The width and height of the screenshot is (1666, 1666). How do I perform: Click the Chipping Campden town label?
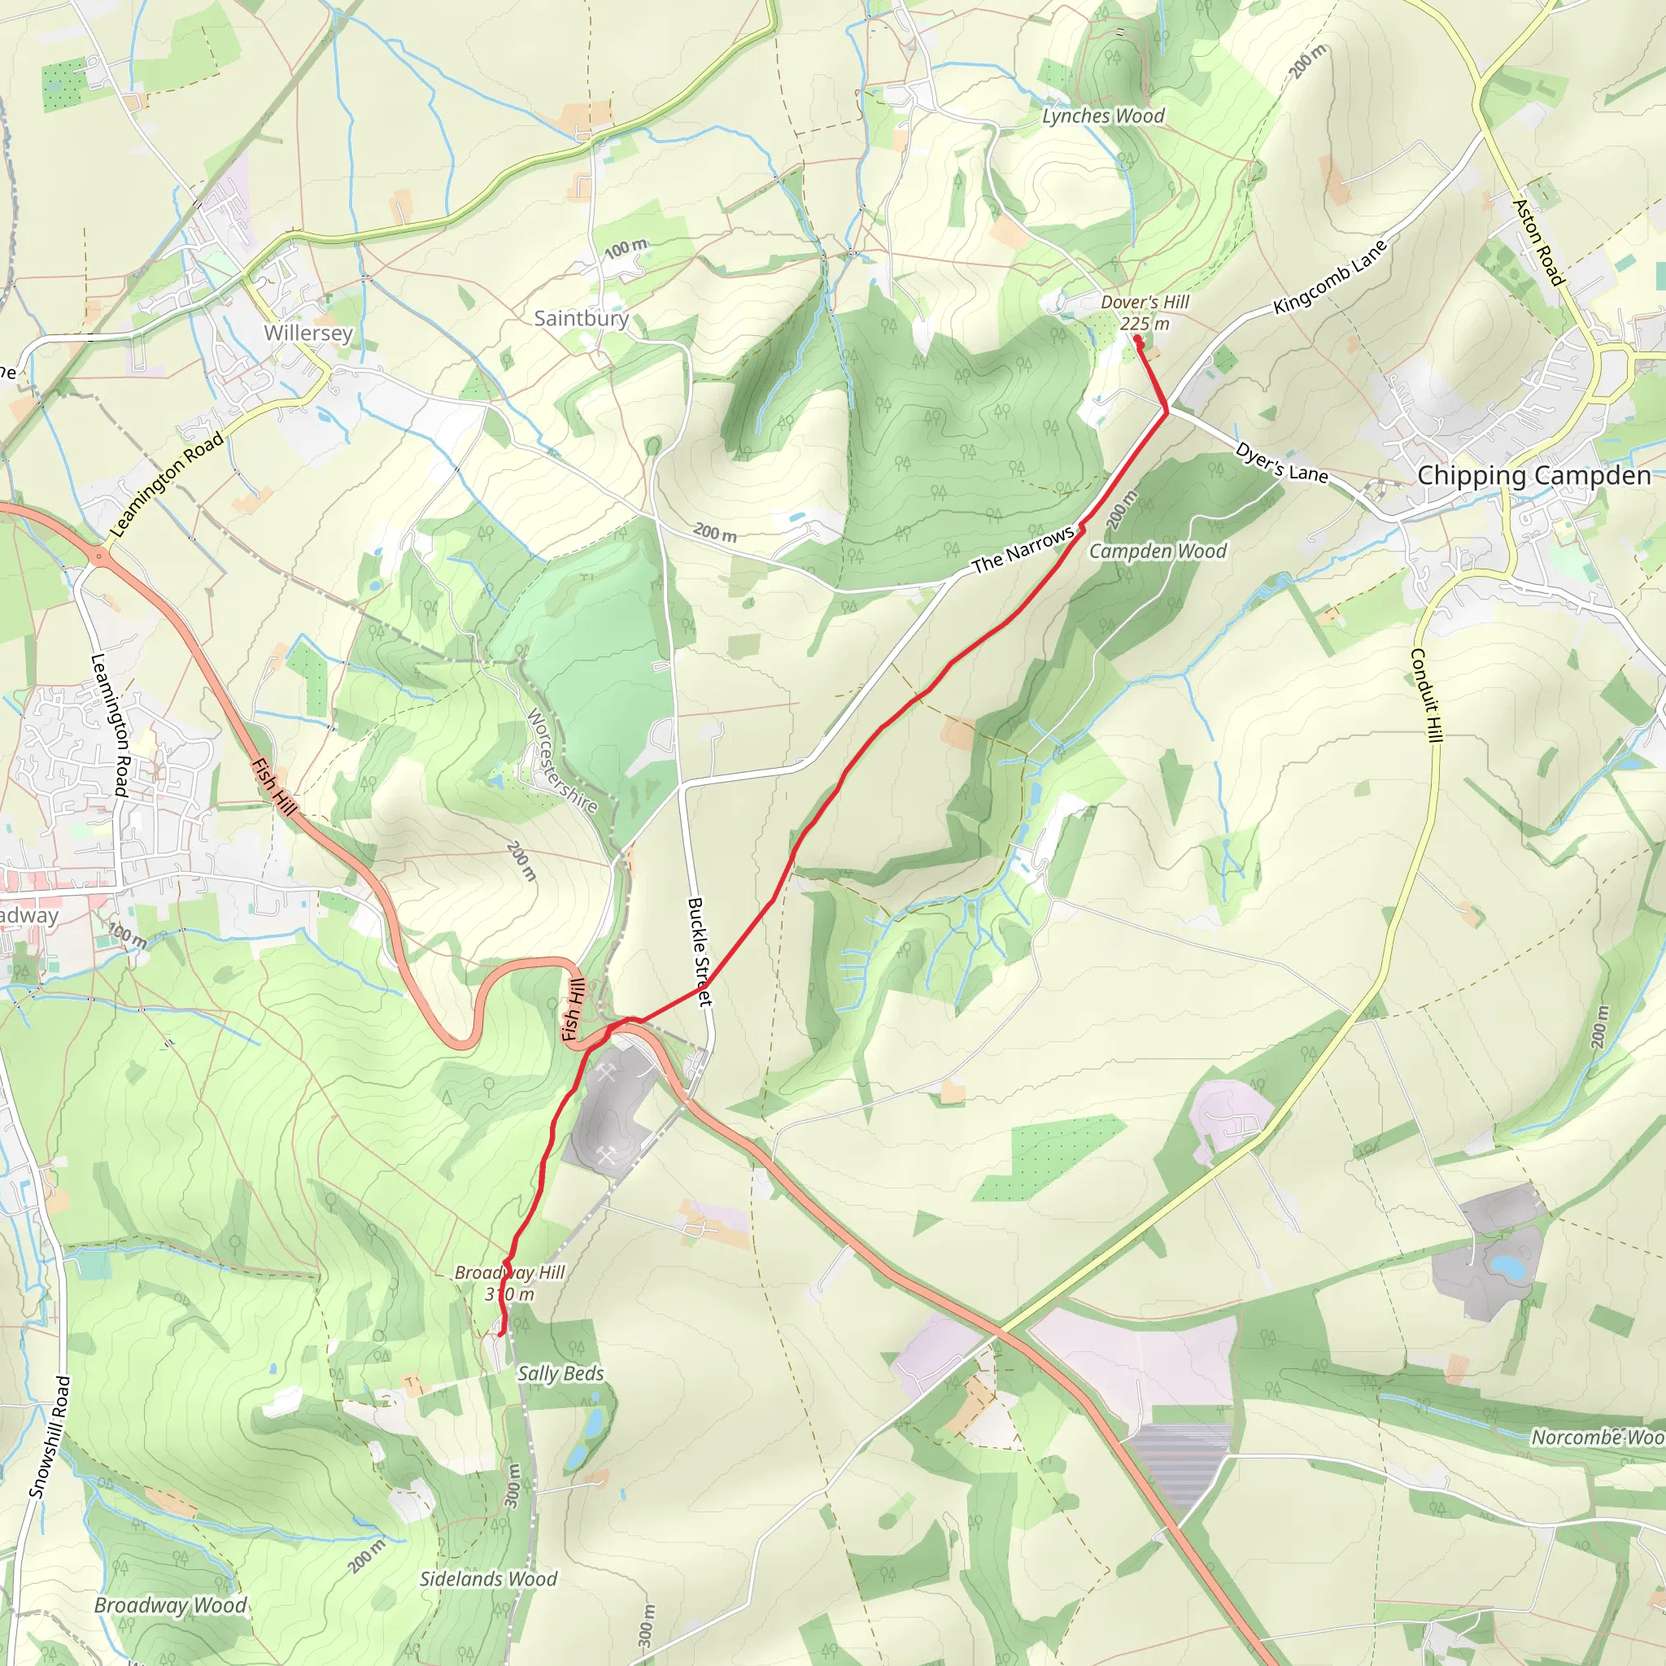tap(1534, 475)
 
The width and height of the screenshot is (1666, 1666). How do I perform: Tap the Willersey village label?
tap(307, 333)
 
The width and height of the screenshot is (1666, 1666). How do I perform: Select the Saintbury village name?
tap(581, 318)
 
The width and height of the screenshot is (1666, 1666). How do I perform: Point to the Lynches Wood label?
tap(1103, 116)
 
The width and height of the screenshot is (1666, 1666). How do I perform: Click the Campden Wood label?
tap(1158, 551)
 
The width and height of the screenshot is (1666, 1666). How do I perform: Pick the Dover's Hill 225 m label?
tap(1145, 312)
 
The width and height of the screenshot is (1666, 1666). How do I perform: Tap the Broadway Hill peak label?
tap(509, 1282)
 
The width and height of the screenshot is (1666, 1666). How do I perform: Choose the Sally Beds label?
tap(560, 1374)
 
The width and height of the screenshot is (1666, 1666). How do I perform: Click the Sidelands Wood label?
tap(488, 1579)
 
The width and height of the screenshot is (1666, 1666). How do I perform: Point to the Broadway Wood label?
tap(170, 1605)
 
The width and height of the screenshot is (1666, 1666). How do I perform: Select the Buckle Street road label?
tap(700, 951)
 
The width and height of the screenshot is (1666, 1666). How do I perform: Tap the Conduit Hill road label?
tap(1425, 695)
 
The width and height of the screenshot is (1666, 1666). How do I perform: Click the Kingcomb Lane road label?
tap(1330, 277)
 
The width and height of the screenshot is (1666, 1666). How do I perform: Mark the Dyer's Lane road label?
tap(1281, 463)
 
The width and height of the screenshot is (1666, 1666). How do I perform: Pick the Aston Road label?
tap(1539, 242)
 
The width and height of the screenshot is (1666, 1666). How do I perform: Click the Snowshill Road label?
tap(50, 1437)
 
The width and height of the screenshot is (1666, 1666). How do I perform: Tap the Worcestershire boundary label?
tap(561, 761)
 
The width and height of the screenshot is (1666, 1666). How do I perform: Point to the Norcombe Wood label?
tap(1597, 1437)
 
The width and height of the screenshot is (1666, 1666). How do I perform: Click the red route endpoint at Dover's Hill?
tap(1138, 340)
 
